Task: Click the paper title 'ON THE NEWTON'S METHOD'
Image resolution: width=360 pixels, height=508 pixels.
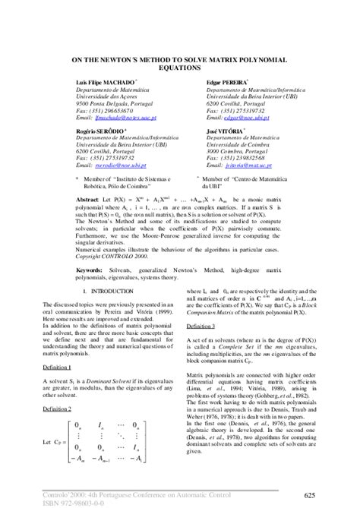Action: (180, 59)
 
